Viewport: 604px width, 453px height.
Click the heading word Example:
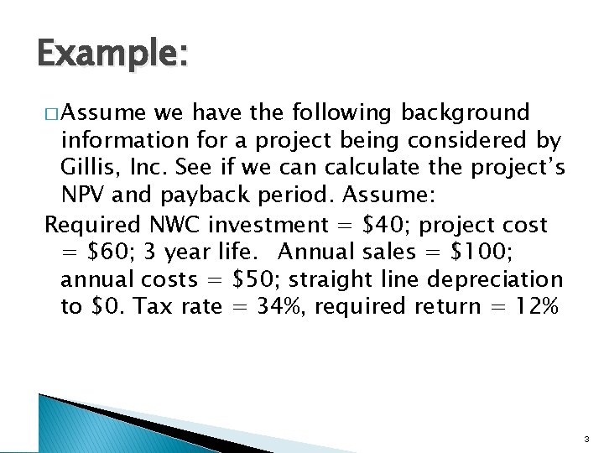pos(112,55)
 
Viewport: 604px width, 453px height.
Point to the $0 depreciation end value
pos(104,307)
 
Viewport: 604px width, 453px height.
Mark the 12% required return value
pos(534,307)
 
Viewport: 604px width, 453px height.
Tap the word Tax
pos(153,307)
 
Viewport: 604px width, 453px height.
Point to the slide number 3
pos(586,437)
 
